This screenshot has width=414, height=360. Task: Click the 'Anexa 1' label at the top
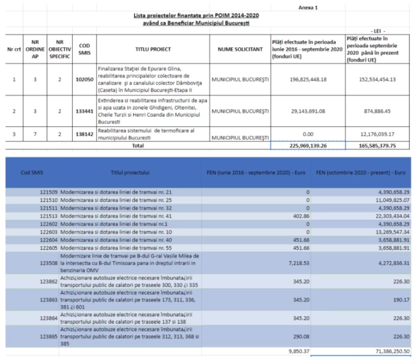pyautogui.click(x=308, y=8)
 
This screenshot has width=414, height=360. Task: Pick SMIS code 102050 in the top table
pyautogui.click(x=84, y=79)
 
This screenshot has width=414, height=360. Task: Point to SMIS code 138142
pyautogui.click(x=84, y=134)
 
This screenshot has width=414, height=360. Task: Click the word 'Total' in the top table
pyautogui.click(x=137, y=145)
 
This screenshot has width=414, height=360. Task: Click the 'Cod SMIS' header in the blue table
pyautogui.click(x=32, y=172)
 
